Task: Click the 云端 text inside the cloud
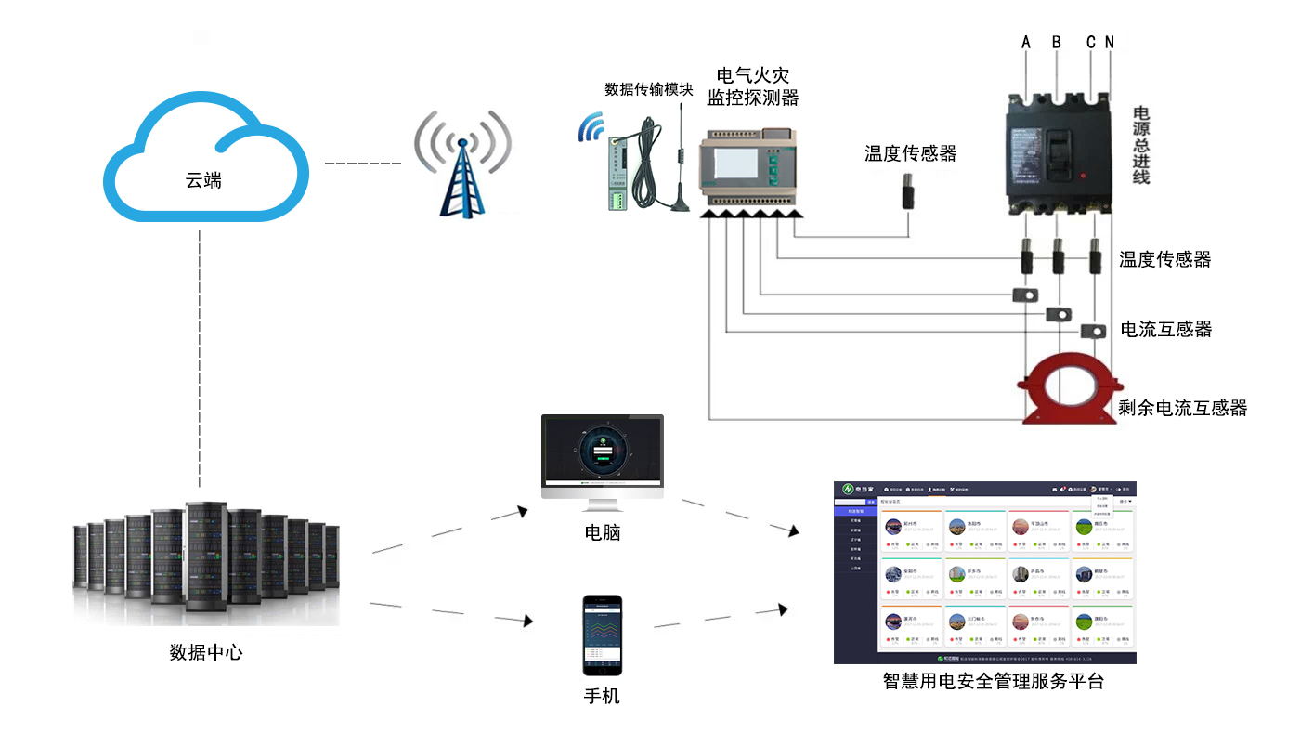click(x=203, y=180)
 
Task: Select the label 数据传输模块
click(x=648, y=89)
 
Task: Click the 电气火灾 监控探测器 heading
click(x=752, y=85)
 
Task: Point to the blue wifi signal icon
click(x=591, y=129)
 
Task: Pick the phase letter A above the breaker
click(x=1026, y=42)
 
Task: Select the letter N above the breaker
click(x=1110, y=42)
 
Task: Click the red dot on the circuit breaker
click(x=1082, y=175)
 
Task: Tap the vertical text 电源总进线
click(x=1141, y=145)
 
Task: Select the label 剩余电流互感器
click(x=1182, y=407)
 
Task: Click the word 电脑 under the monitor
click(x=602, y=532)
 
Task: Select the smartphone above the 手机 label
click(x=602, y=635)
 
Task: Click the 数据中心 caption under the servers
click(x=206, y=652)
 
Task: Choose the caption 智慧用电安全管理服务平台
click(x=993, y=682)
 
